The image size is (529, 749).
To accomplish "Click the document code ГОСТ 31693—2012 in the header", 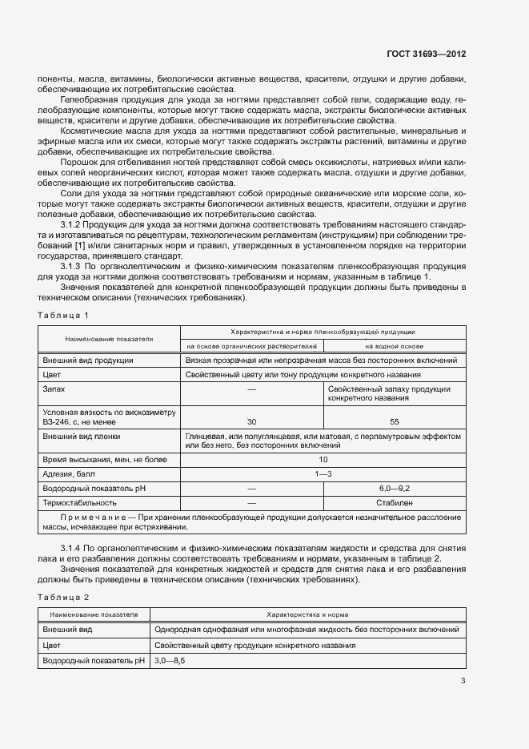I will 426,54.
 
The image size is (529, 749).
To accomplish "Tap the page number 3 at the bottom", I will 463,681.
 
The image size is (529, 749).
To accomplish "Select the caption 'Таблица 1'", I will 63,315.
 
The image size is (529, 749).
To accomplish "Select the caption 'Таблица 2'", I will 63,597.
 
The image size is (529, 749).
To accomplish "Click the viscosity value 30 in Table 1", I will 252,421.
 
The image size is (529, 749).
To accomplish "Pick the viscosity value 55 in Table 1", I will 395,421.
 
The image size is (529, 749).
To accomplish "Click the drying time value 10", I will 323,459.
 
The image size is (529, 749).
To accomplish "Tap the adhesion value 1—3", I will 323,473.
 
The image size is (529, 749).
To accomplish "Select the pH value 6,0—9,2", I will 395,488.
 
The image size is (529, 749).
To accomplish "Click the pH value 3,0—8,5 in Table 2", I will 170,660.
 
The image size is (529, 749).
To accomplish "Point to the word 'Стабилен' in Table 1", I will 395,502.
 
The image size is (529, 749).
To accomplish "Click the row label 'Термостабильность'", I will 79,502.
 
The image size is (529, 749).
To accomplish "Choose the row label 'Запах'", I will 54,389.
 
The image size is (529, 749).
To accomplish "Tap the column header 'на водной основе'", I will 395,346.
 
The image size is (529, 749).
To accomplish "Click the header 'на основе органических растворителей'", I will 252,346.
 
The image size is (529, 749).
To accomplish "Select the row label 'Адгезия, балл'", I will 68,473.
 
